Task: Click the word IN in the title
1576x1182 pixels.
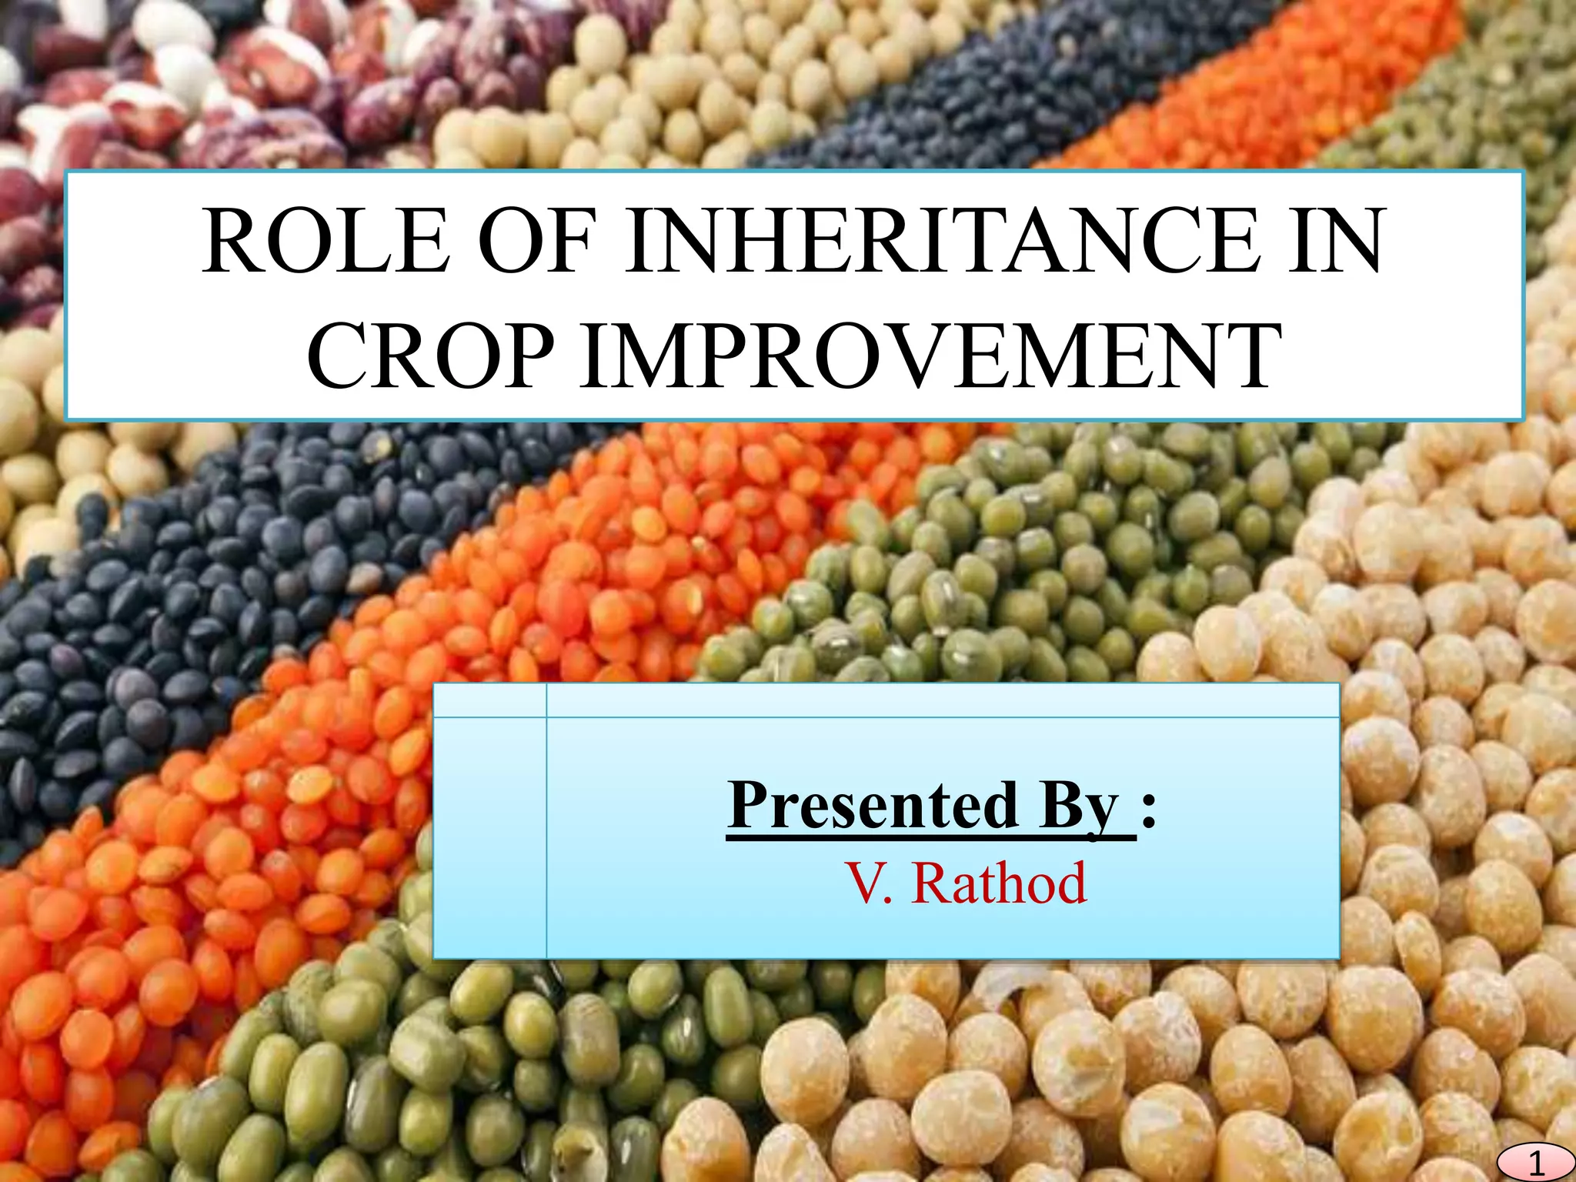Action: [x=1335, y=241]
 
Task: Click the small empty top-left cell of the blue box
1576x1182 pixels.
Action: [x=489, y=700]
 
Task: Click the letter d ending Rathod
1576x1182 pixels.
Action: [x=1067, y=883]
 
